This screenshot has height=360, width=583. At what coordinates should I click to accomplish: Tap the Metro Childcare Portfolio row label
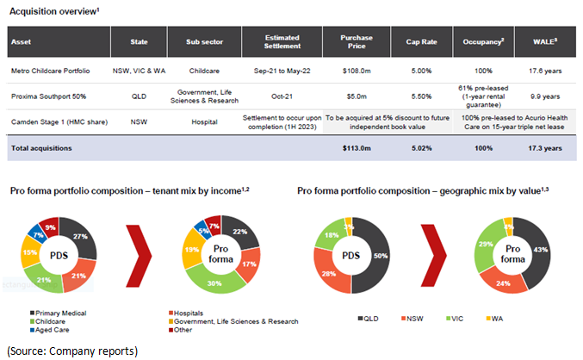coord(53,71)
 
